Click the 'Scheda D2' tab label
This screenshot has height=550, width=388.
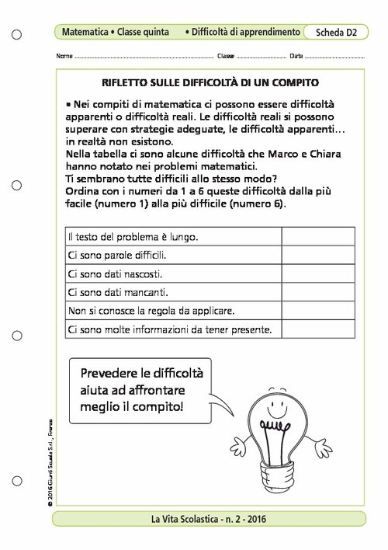click(x=336, y=33)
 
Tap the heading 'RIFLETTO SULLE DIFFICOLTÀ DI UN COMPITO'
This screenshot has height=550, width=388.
click(x=210, y=82)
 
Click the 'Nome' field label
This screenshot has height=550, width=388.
click(x=64, y=57)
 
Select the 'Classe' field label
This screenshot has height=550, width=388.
click(x=226, y=57)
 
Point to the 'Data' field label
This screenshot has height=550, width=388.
click(x=296, y=57)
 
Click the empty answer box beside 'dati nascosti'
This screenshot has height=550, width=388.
click(x=318, y=273)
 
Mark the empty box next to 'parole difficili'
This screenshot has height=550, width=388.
click(x=318, y=255)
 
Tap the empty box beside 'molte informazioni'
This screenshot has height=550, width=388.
click(x=318, y=330)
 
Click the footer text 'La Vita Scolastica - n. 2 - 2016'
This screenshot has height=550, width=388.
click(x=210, y=520)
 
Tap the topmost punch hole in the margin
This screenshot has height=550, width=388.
click(x=17, y=35)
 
